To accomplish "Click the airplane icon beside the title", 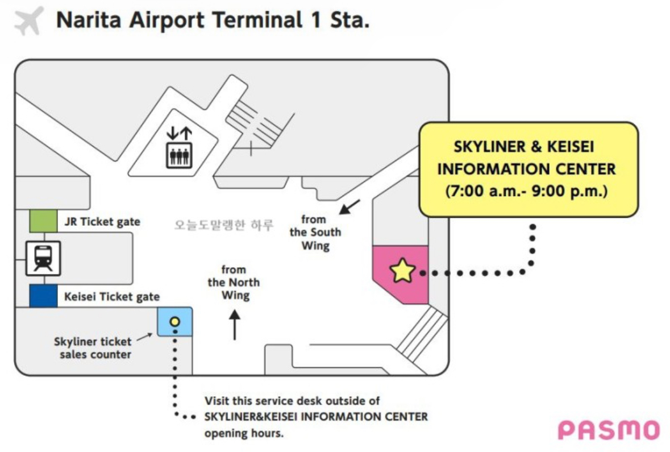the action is click(x=28, y=21).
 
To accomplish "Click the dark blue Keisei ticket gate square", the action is click(x=43, y=296).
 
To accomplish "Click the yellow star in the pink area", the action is click(x=402, y=271).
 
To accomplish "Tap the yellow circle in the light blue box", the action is click(x=175, y=322).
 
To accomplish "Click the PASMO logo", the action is click(x=609, y=430).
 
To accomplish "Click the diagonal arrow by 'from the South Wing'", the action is click(x=349, y=207).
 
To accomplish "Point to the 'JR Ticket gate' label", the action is click(x=102, y=222).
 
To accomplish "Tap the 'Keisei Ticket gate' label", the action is click(x=112, y=297).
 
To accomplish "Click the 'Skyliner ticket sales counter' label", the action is click(x=93, y=348).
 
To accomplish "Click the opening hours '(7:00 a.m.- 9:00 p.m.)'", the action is click(x=526, y=192).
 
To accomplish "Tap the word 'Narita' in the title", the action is click(x=91, y=20).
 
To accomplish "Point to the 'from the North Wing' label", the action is click(x=234, y=282).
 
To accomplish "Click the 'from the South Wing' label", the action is click(x=315, y=232).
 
